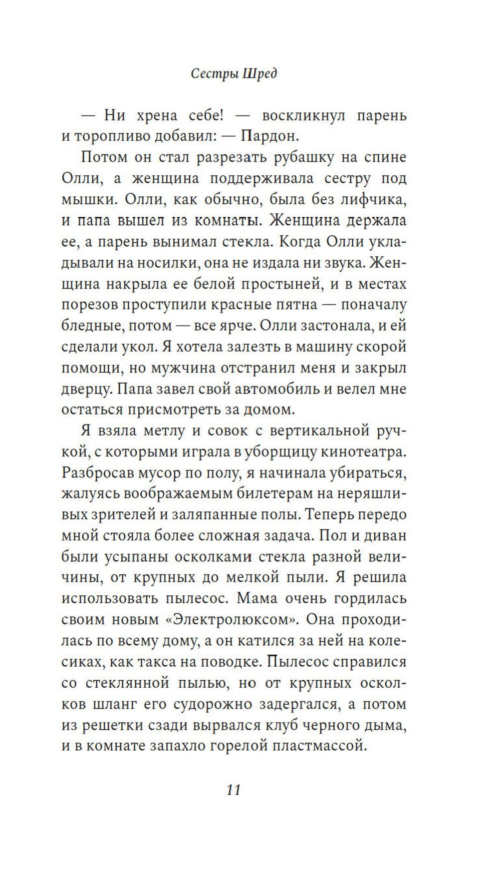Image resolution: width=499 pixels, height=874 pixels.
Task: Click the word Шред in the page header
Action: [x=259, y=74]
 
